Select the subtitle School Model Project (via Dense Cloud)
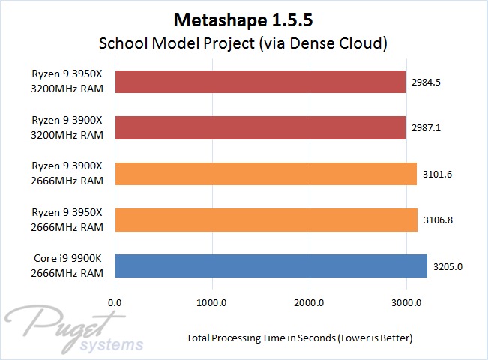pos(244,43)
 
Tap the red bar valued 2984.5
pos(260,82)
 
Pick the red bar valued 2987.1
pos(260,128)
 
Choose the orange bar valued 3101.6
pos(265,174)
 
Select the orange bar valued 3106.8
pos(266,220)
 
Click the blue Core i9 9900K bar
pos(271,265)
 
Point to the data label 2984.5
pos(425,82)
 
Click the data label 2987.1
pos(425,128)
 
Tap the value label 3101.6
pos(436,174)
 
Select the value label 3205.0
pos(448,265)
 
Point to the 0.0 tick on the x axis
pos(115,303)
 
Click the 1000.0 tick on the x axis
pos(212,303)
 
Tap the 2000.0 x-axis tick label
pos(309,303)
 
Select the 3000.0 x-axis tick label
pos(406,303)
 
